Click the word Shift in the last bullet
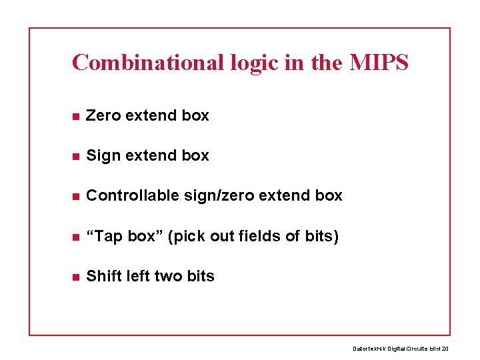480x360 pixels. [x=103, y=276]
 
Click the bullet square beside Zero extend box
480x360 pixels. [x=76, y=117]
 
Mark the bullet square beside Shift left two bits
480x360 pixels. [x=76, y=277]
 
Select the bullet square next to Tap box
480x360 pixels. [x=76, y=237]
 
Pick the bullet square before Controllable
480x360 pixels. [x=76, y=197]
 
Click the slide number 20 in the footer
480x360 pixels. [x=445, y=348]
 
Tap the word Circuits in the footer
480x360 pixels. [x=416, y=348]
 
